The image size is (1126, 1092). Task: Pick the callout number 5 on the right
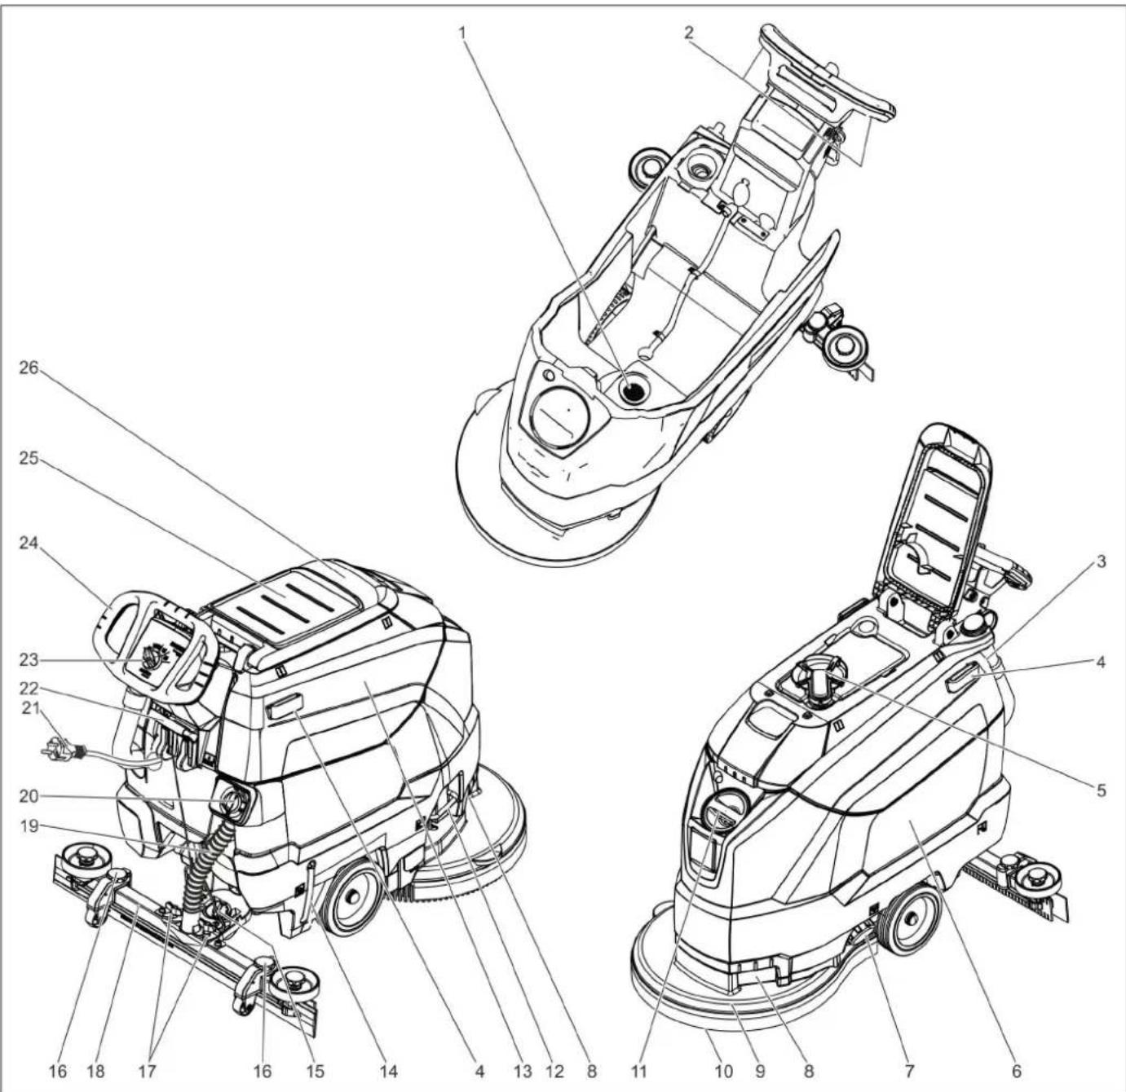pos(1100,790)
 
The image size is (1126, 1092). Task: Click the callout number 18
pos(96,1070)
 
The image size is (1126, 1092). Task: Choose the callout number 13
pos(522,1070)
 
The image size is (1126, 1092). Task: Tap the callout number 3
pos(1100,561)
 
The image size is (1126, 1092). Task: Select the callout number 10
pos(724,1070)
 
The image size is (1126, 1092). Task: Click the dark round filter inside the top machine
pos(634,391)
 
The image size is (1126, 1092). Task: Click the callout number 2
pos(689,33)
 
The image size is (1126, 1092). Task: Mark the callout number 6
pos(1016,1070)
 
